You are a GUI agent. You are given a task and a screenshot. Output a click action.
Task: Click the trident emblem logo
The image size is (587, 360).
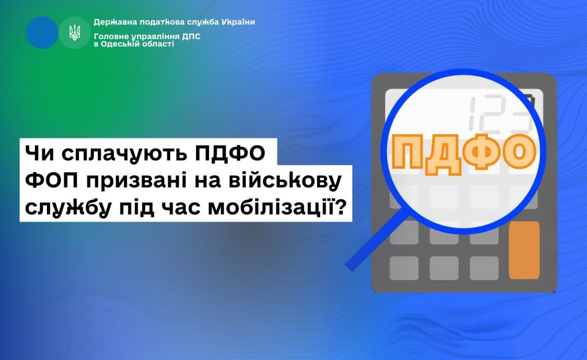click(x=75, y=32)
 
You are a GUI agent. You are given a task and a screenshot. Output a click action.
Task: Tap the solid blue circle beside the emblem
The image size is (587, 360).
click(x=42, y=32)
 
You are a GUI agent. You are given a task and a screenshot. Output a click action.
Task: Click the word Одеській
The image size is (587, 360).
click(x=120, y=44)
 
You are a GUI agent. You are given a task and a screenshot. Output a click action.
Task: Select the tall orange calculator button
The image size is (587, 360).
click(x=524, y=250)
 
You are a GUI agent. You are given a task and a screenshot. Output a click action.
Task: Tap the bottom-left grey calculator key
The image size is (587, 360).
click(x=404, y=268)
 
